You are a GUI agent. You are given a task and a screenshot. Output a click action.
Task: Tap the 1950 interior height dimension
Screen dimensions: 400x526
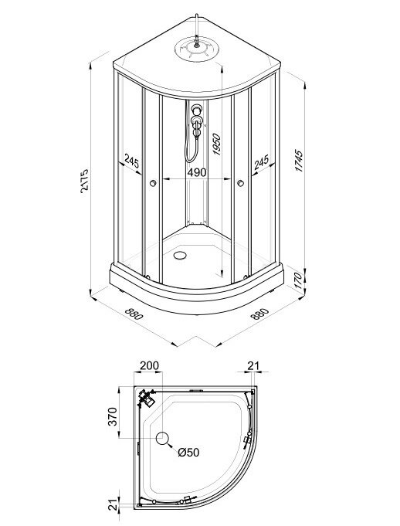point(217,144)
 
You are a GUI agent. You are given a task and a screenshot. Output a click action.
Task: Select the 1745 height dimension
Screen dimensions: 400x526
point(298,161)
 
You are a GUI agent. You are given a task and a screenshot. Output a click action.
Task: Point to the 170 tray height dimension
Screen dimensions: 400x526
point(298,280)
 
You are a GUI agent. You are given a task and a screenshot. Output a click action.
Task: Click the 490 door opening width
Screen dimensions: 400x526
point(196,172)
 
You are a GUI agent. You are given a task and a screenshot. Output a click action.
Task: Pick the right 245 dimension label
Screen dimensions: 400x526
point(262,162)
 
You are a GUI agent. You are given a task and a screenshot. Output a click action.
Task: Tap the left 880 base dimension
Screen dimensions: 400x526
point(134,314)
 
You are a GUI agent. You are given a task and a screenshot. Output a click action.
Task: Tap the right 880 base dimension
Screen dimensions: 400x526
point(259,314)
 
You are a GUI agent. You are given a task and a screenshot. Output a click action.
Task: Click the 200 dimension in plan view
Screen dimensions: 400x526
point(149,365)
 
